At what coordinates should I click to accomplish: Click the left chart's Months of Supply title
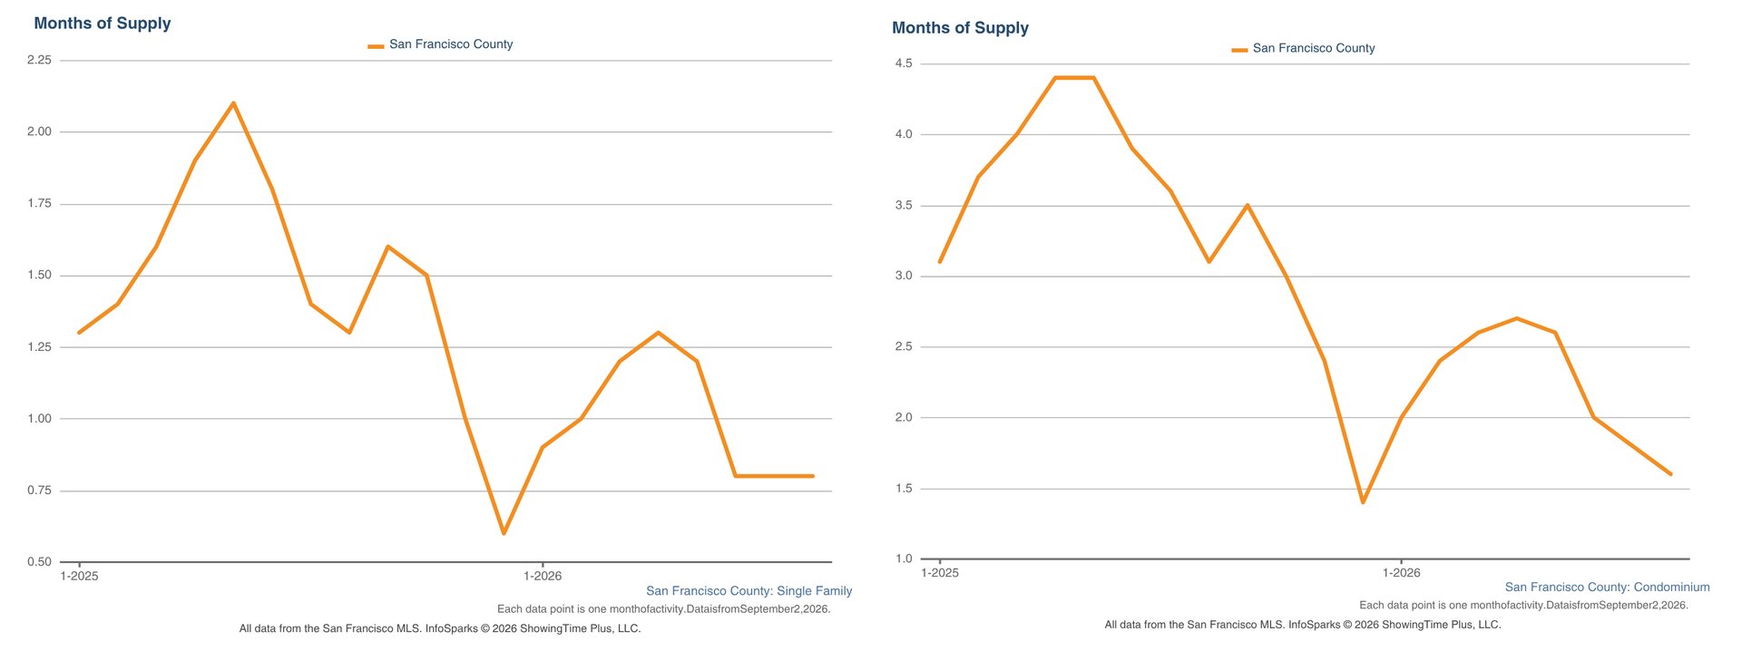point(103,24)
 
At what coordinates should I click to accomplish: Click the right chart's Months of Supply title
point(960,28)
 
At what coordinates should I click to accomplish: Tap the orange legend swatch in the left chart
point(376,45)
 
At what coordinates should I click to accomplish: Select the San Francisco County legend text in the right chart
point(1314,48)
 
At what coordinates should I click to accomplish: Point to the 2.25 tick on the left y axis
point(39,60)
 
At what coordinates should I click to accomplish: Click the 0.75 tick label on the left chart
point(39,491)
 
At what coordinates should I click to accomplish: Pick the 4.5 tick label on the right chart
point(904,63)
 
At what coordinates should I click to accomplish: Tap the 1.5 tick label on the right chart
point(904,489)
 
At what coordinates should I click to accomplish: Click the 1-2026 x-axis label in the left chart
point(543,576)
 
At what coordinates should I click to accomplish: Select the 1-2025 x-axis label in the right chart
point(940,572)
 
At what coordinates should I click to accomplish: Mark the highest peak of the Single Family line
point(233,102)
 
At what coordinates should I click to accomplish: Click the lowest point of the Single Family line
point(504,533)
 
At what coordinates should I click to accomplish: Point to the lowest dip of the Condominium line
point(1363,502)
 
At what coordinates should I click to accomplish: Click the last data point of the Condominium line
point(1670,473)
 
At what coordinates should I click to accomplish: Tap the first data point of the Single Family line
point(79,333)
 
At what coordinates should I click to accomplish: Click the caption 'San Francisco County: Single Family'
point(749,591)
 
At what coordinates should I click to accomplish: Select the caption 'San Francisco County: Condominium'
point(1608,588)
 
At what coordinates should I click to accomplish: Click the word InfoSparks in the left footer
point(451,628)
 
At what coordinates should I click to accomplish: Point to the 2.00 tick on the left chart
point(39,131)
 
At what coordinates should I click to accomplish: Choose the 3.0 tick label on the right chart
point(904,276)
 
